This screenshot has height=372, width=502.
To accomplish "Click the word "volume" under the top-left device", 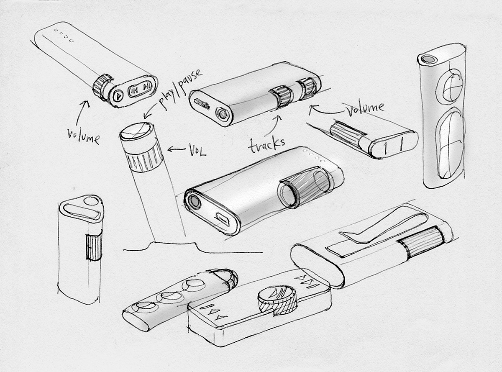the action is point(84,136).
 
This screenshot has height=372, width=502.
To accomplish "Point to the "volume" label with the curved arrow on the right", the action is point(365,108).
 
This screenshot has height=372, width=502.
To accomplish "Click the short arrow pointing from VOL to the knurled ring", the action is point(176,149).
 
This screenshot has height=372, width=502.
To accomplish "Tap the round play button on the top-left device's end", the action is point(118,96).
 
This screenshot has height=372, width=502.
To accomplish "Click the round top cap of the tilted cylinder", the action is point(136,131).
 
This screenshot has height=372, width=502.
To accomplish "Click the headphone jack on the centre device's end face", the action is point(194,200).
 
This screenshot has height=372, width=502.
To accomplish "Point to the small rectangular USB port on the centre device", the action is point(222,218).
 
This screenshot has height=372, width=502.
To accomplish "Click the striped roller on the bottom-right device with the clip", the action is point(423,241).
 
